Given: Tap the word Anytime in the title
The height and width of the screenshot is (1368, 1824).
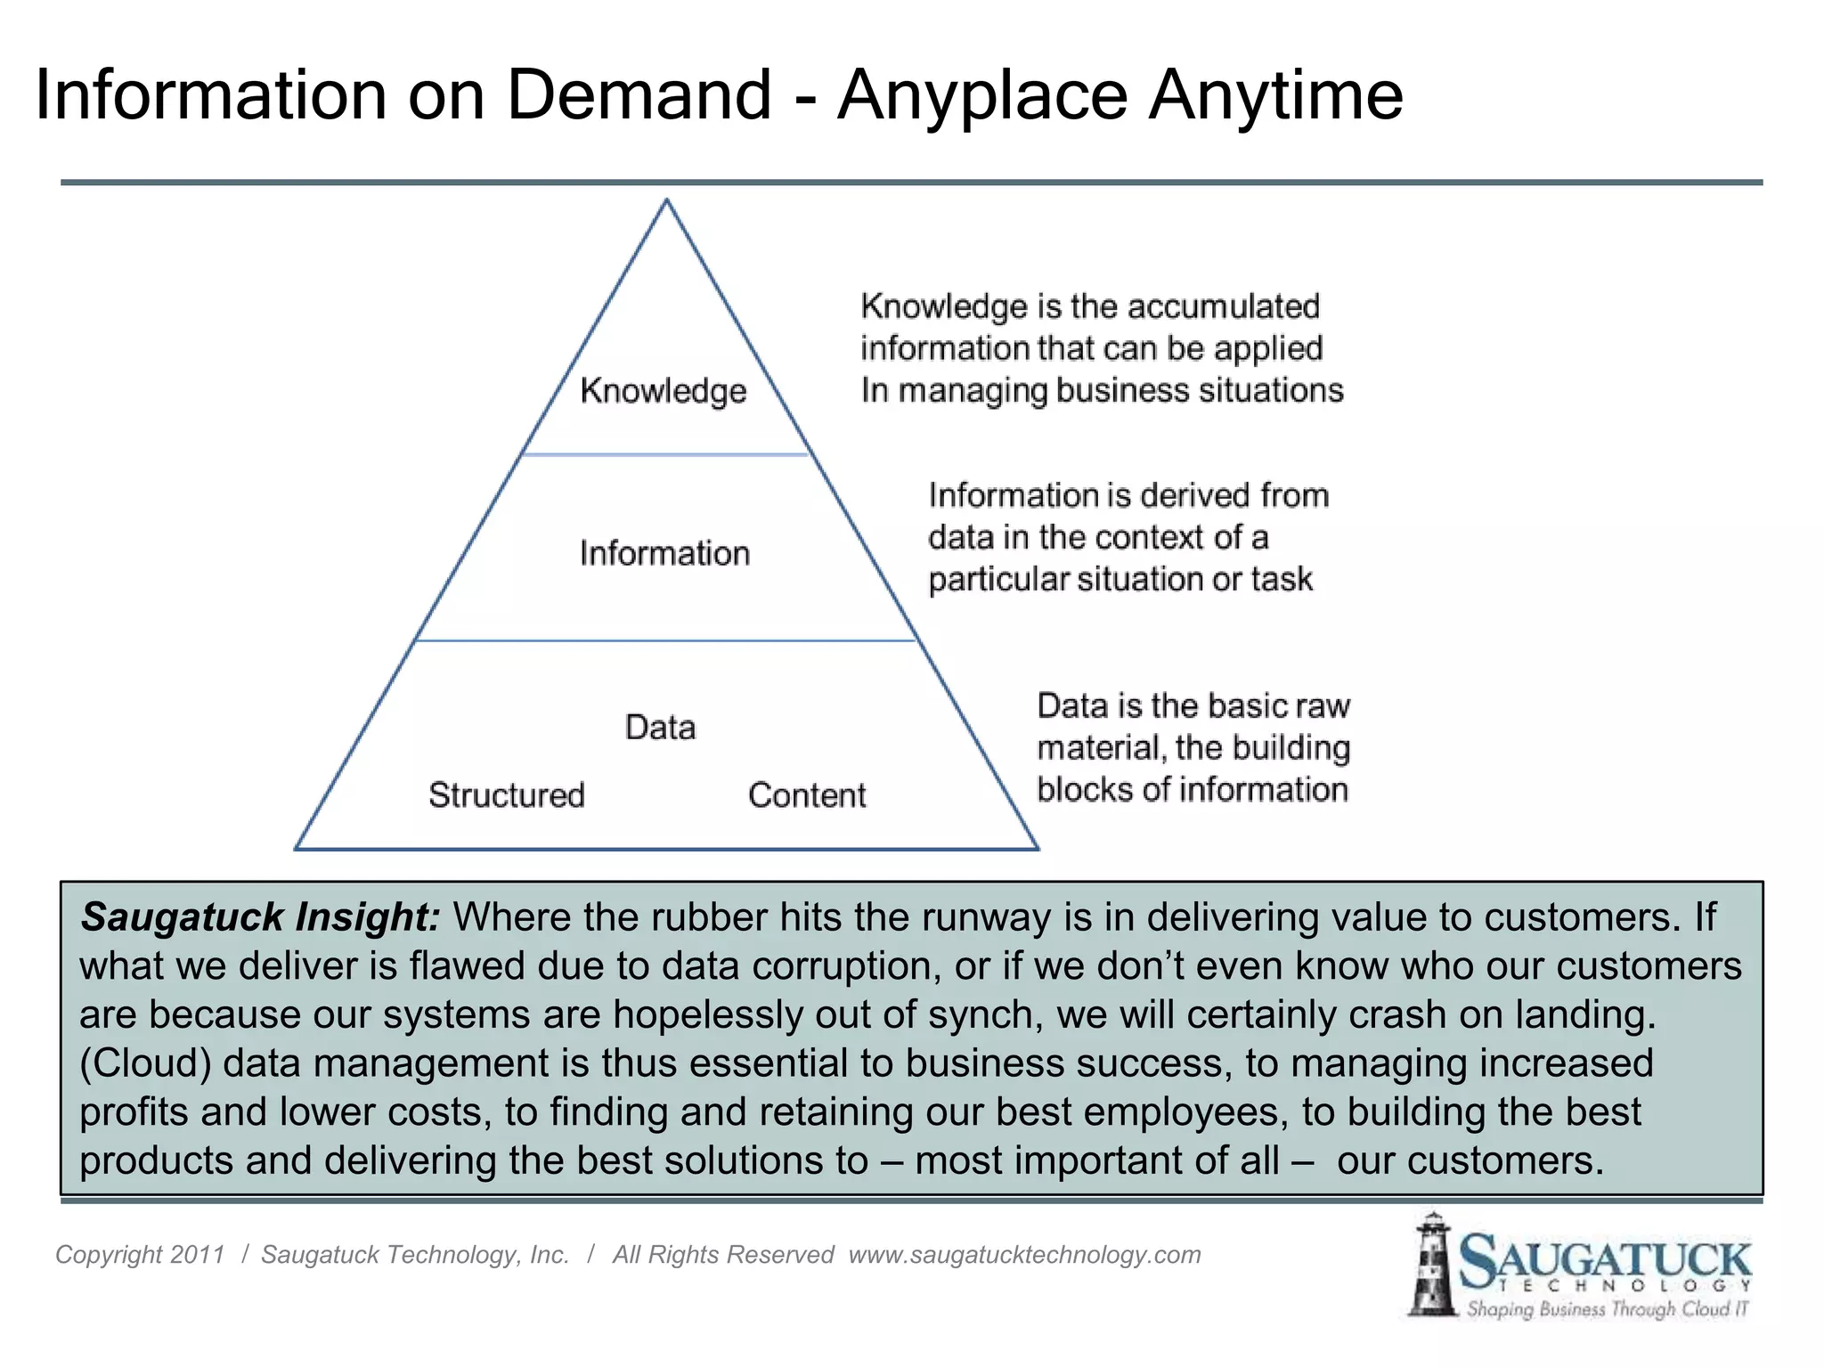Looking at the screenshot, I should point(1275,96).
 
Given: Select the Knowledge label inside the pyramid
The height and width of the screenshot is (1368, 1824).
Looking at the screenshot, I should point(664,391).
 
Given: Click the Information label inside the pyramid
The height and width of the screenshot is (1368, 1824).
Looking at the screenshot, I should point(664,553).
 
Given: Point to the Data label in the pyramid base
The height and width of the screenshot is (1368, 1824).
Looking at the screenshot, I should point(660,727).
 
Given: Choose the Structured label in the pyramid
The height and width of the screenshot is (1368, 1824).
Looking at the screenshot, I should point(507,794).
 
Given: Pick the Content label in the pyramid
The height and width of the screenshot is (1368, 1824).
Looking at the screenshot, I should point(807,794).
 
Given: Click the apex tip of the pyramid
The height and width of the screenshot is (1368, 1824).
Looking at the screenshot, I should point(667,201).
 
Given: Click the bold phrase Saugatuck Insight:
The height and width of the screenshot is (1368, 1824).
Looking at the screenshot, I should point(260,916).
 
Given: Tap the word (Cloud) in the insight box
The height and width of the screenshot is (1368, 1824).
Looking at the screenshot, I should point(145,1063).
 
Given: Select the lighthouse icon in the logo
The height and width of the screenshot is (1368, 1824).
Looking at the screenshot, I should point(1432,1265).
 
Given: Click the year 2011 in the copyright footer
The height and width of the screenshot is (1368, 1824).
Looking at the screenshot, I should point(197,1255).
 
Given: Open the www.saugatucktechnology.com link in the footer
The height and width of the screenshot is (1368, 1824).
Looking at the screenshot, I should point(1024,1255).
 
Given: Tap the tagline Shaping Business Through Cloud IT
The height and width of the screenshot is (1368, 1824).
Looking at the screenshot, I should point(1608,1309).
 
